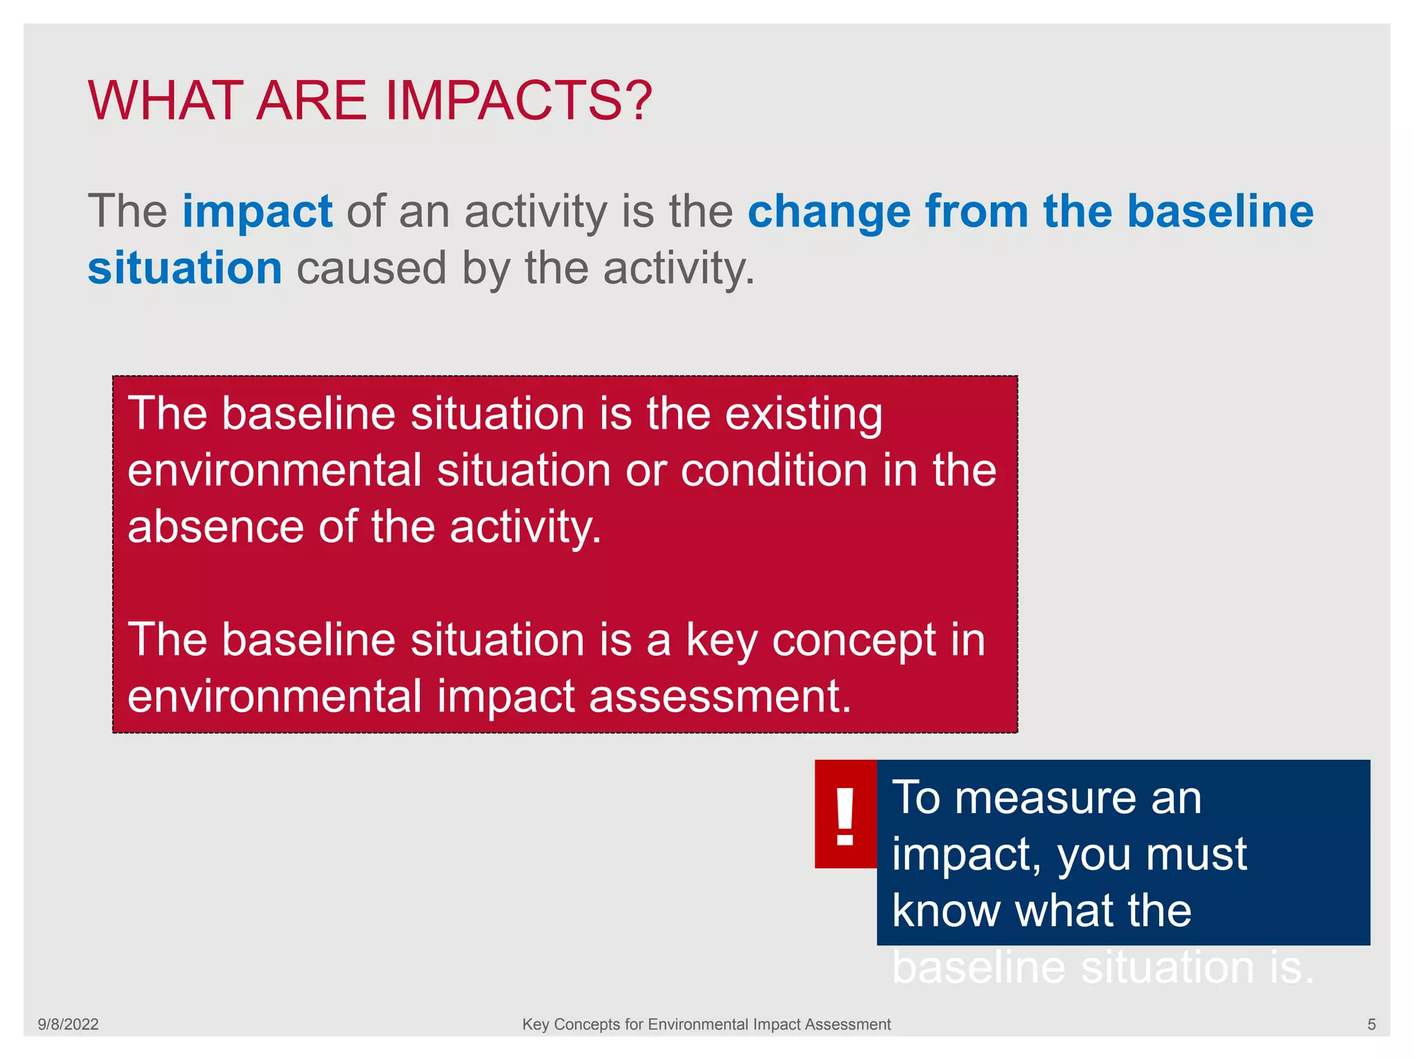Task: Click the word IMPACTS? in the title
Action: (x=518, y=101)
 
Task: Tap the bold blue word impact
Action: (x=258, y=211)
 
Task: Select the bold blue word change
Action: (x=829, y=211)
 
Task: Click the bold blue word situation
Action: (x=185, y=268)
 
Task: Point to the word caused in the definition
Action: (x=371, y=268)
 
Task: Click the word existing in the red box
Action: (x=803, y=414)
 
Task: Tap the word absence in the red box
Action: (x=215, y=527)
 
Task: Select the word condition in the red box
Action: (x=773, y=471)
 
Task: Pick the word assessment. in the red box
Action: (x=720, y=696)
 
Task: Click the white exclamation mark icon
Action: (x=845, y=816)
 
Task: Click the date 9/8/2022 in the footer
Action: (x=68, y=1024)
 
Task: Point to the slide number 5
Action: (x=1371, y=1024)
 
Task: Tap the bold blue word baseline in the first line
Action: (x=1220, y=211)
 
